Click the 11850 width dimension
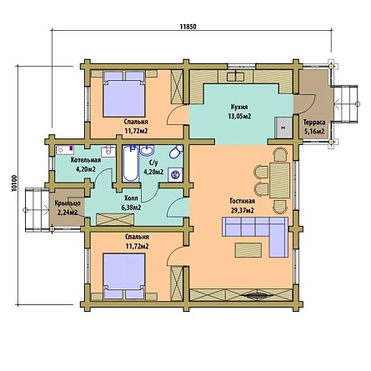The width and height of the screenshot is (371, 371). point(188,27)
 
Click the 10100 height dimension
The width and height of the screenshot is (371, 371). point(14,184)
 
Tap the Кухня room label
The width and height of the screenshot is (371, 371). point(239,107)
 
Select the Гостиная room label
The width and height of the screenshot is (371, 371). point(243,201)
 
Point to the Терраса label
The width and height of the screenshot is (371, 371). point(313,123)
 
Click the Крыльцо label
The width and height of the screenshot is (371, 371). point(68,203)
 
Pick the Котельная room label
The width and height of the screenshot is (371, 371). point(86,160)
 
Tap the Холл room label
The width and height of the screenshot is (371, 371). point(131,198)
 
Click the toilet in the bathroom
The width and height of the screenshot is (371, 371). point(176,153)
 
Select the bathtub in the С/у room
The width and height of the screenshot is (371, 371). point(130,163)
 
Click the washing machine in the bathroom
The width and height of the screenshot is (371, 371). point(176,174)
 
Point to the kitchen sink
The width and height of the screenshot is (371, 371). point(236,76)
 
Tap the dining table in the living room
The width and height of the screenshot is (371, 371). point(279,180)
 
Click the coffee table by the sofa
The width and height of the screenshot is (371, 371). point(248,250)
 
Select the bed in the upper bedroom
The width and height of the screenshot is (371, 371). point(124,94)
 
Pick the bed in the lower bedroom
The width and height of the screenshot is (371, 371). point(124,276)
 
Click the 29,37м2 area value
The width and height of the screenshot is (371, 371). point(243,210)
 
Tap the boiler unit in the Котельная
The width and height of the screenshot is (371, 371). point(64,150)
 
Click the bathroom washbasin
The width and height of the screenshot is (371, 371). point(147,150)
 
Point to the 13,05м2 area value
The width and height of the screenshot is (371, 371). point(239,116)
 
